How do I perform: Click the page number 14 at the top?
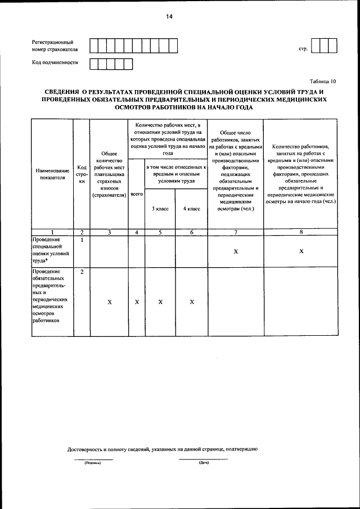[x=169, y=17]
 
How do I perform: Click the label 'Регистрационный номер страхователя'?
[x=54, y=46]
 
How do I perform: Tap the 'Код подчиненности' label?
[x=55, y=62]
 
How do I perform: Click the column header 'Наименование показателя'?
[x=52, y=173]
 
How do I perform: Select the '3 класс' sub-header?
[x=160, y=209]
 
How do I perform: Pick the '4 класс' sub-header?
[x=192, y=209]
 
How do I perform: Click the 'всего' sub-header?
[x=137, y=193]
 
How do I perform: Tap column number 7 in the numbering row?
[x=236, y=232]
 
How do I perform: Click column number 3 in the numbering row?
[x=109, y=232]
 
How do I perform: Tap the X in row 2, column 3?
[x=109, y=302]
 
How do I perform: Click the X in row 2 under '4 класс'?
[x=192, y=302]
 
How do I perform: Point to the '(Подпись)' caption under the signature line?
[x=93, y=463]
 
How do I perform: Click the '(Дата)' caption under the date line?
[x=204, y=463]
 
